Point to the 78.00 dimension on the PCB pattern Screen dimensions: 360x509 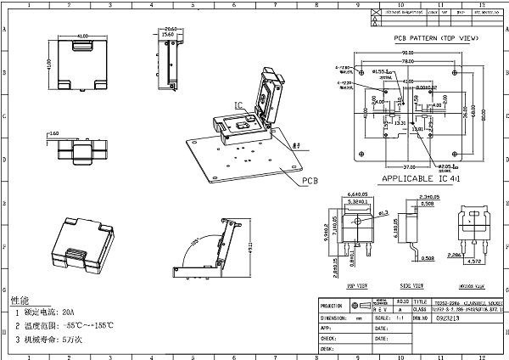(408, 62)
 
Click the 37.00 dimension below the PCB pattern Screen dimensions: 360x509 (389, 165)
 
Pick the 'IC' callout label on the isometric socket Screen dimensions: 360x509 (239, 106)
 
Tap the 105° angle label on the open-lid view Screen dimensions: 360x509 (195, 244)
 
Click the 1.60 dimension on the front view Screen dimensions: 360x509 (53, 134)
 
